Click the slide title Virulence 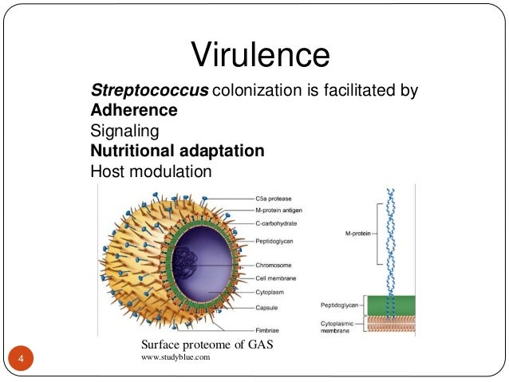[x=260, y=55]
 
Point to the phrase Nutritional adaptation [x=177, y=151]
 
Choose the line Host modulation [x=152, y=171]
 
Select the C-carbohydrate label [x=278, y=223]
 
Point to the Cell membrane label [x=278, y=278]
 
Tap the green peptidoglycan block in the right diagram [x=390, y=305]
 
